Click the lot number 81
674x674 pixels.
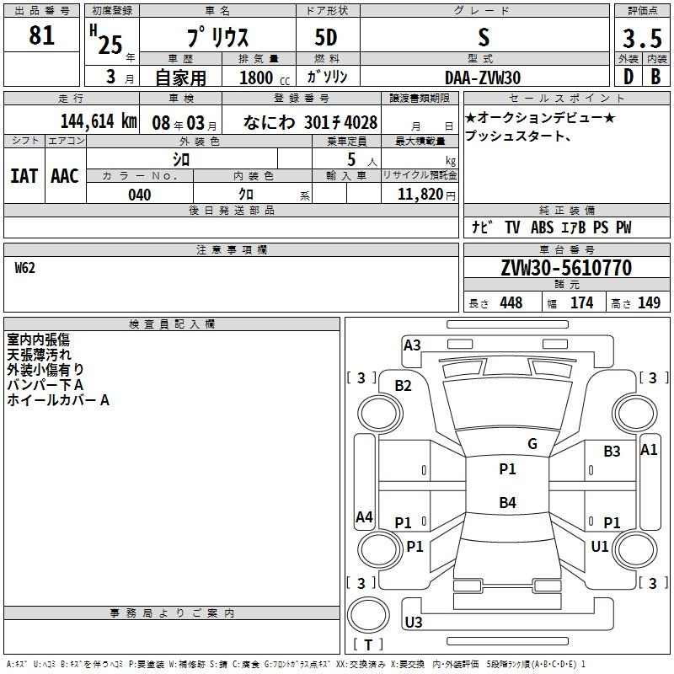pyautogui.click(x=41, y=35)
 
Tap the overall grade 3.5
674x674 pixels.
pyautogui.click(x=642, y=38)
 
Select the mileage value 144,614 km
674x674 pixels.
pyautogui.click(x=99, y=121)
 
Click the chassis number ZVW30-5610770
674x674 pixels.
pyautogui.click(x=566, y=268)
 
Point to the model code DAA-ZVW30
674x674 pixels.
pyautogui.click(x=483, y=78)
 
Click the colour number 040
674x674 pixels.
pyautogui.click(x=140, y=195)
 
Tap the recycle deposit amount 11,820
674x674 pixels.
pyautogui.click(x=420, y=195)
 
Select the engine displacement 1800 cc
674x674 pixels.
pyautogui.click(x=265, y=78)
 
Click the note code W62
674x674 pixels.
pyautogui.click(x=25, y=268)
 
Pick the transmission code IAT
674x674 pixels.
pyautogui.click(x=24, y=176)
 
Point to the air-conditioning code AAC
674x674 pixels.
pyautogui.click(x=65, y=176)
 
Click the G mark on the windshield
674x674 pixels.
pyautogui.click(x=532, y=444)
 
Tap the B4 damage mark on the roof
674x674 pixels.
pyautogui.click(x=508, y=502)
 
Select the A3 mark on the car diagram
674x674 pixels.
pyautogui.click(x=412, y=345)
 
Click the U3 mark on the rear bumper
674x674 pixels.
pyautogui.click(x=414, y=622)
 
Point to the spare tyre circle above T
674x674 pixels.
pyautogui.click(x=368, y=615)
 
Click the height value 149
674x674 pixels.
pyautogui.click(x=649, y=302)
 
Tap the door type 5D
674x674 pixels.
pyautogui.click(x=326, y=38)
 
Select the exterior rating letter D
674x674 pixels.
pyautogui.click(x=629, y=77)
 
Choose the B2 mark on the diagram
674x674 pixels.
pyautogui.click(x=404, y=386)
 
